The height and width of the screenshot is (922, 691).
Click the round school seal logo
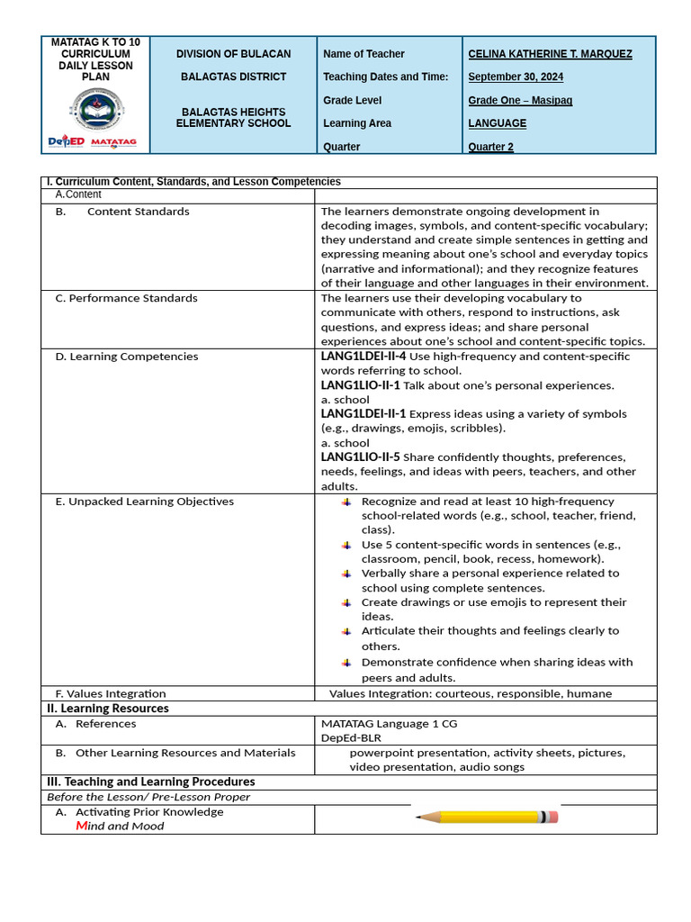click(x=95, y=110)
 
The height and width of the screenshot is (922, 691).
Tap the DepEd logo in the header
click(x=66, y=142)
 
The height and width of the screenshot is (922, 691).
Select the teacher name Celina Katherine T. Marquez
click(x=550, y=54)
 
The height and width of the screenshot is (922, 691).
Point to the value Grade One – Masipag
click(x=520, y=101)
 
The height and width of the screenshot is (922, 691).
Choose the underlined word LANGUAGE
click(x=497, y=123)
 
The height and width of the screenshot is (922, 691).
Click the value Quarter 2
click(x=490, y=147)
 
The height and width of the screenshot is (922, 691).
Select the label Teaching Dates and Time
click(x=385, y=77)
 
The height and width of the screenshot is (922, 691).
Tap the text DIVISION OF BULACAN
click(x=233, y=54)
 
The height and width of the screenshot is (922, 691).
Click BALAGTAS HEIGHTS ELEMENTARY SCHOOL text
click(x=233, y=117)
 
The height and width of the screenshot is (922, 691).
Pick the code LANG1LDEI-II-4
click(x=363, y=357)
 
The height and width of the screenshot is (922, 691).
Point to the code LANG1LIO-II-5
click(x=360, y=457)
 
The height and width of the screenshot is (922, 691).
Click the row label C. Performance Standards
click(x=126, y=298)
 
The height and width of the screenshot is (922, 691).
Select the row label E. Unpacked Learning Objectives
click(x=144, y=502)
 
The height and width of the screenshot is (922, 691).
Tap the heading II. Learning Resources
click(x=108, y=709)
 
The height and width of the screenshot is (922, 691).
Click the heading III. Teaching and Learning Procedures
click(x=151, y=782)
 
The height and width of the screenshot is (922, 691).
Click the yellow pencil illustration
click(x=486, y=818)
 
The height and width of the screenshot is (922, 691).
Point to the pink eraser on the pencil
click(x=552, y=817)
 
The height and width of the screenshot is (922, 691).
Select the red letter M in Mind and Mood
click(x=81, y=826)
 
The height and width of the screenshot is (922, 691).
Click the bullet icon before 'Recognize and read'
click(x=346, y=502)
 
